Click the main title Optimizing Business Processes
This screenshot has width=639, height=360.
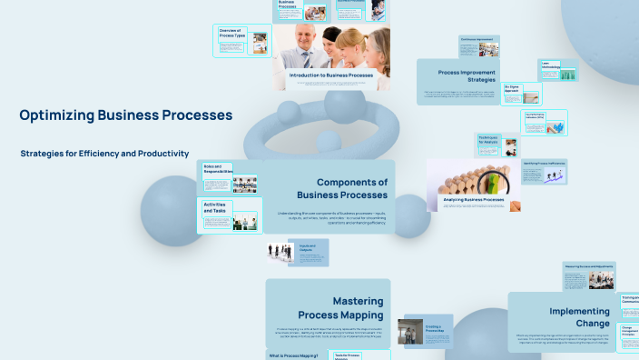pos(125,115)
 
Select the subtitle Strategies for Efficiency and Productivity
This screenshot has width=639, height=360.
pos(104,154)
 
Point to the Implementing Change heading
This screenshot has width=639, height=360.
pos(579,317)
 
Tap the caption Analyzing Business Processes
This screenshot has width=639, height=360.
pos(473,199)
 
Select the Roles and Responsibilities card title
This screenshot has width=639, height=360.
pos(217,169)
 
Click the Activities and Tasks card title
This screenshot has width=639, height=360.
pos(214,207)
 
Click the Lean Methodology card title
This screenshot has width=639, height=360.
pos(551,65)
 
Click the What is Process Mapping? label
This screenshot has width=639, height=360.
pos(292,355)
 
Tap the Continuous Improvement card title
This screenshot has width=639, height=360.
pos(480,40)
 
